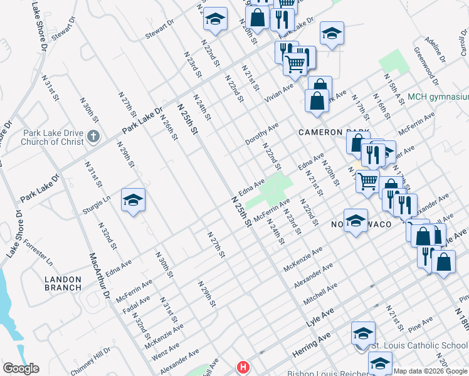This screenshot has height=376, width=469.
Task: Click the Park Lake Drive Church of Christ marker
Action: tap(93, 136)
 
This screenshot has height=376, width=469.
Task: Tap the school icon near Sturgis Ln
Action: tap(133, 200)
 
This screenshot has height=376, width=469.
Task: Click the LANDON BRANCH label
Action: tap(63, 283)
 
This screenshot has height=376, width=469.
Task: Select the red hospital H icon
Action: tap(241, 367)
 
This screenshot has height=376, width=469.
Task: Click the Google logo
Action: tap(21, 368)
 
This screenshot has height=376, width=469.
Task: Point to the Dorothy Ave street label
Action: tap(261, 134)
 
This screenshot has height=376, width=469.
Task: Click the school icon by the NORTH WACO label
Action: tap(356, 221)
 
